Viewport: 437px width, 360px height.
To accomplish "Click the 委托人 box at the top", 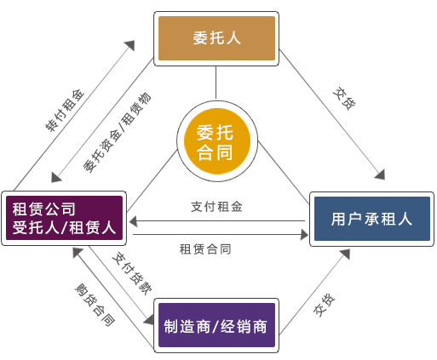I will click(x=216, y=38).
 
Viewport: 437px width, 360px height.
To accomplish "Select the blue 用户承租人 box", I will click(x=371, y=219).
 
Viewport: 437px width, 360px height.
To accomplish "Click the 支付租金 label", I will click(x=217, y=206).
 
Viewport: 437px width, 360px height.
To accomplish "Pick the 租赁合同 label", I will click(x=205, y=249).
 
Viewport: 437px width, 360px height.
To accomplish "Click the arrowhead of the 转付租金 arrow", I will click(x=132, y=41).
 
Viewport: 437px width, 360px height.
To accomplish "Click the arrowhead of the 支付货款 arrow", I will click(x=151, y=322).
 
